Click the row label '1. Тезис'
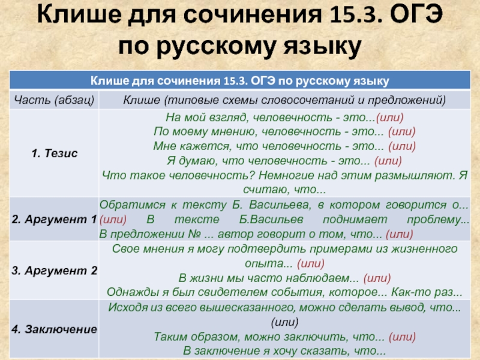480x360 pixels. (55, 153)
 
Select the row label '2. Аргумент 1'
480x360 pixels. (55, 219)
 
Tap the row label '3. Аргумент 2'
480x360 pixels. (55, 271)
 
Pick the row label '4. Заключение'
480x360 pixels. (55, 329)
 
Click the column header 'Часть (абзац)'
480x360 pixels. (54, 100)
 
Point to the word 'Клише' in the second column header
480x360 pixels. (142, 100)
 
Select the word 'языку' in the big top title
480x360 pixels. (322, 47)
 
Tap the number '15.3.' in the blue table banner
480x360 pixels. (235, 81)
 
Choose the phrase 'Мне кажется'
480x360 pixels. (191, 146)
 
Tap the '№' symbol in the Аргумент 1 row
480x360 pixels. (194, 234)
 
